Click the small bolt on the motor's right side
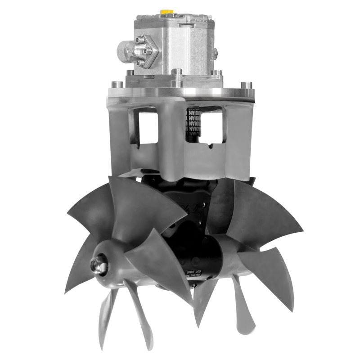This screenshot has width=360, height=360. click(x=215, y=53)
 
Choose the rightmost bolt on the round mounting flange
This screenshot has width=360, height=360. click(x=247, y=85)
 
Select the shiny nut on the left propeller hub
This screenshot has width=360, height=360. click(x=99, y=265)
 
